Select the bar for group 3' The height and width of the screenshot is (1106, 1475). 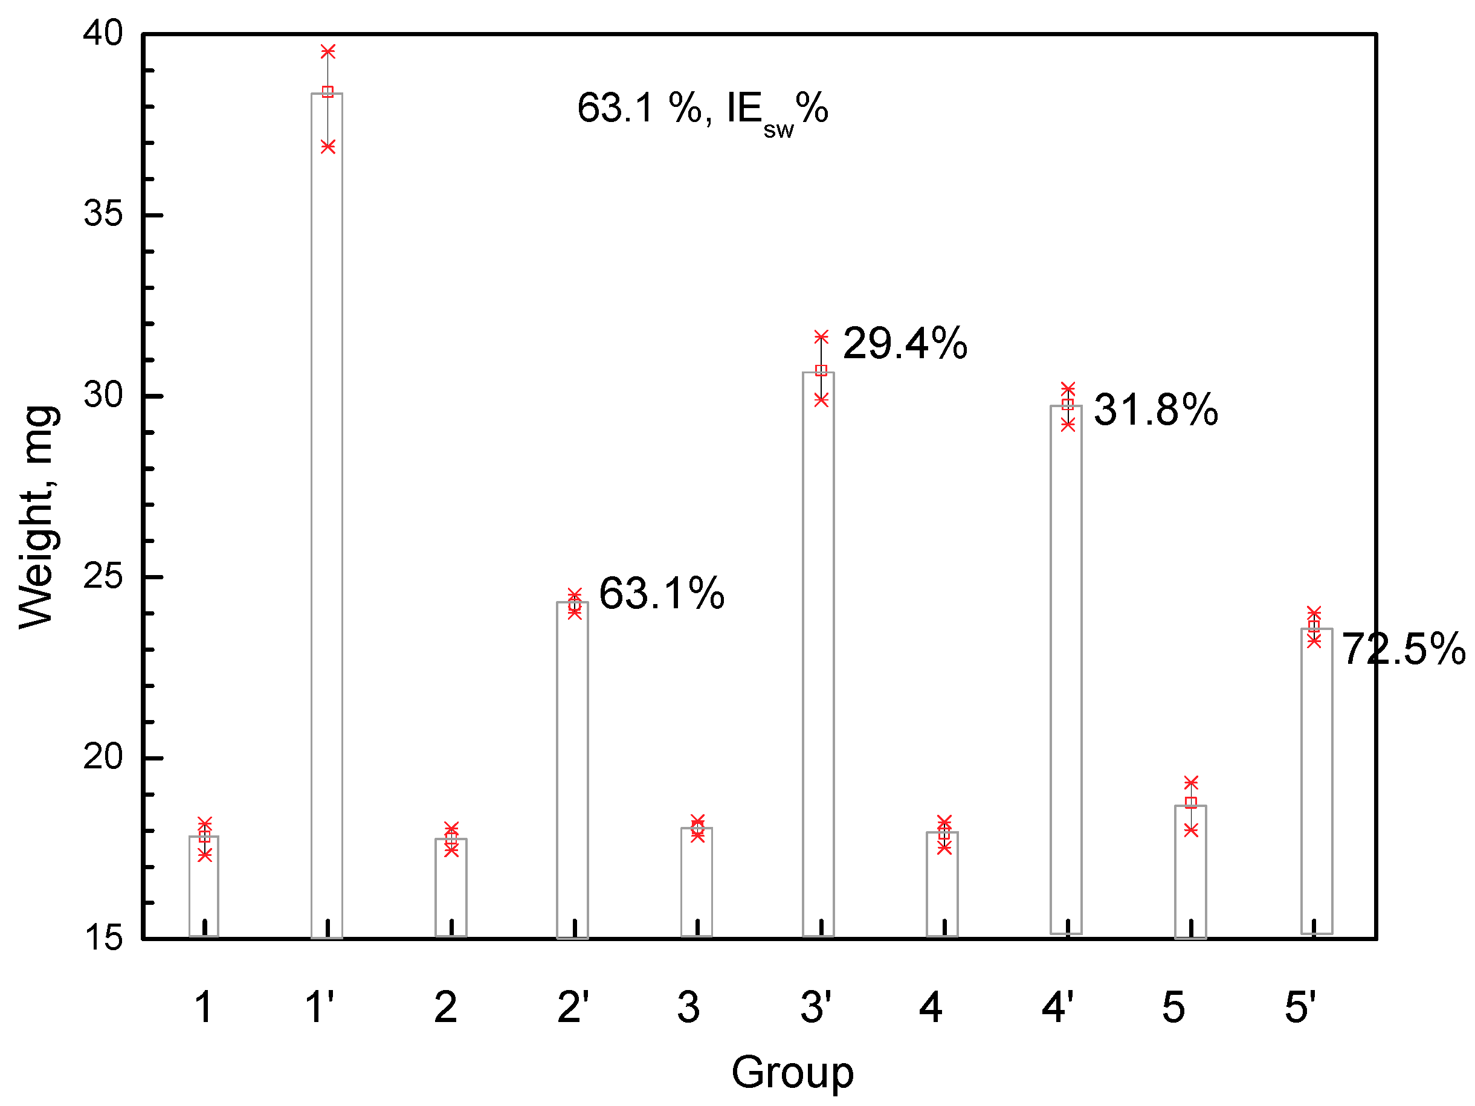[x=818, y=654]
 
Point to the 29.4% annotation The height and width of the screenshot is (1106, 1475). [x=905, y=344]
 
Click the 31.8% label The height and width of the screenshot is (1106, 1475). [x=1155, y=410]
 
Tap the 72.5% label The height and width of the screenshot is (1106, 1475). [x=1403, y=649]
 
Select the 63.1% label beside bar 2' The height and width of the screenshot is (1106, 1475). [x=662, y=593]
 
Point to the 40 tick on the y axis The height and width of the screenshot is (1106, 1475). [x=103, y=33]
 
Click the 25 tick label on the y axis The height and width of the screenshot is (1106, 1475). [x=103, y=577]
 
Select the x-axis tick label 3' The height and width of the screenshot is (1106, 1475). [x=816, y=1008]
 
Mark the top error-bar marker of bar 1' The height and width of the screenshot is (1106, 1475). [x=328, y=51]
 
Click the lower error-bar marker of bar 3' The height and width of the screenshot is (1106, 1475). [x=821, y=399]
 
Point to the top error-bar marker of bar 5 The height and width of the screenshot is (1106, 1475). [x=1191, y=782]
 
